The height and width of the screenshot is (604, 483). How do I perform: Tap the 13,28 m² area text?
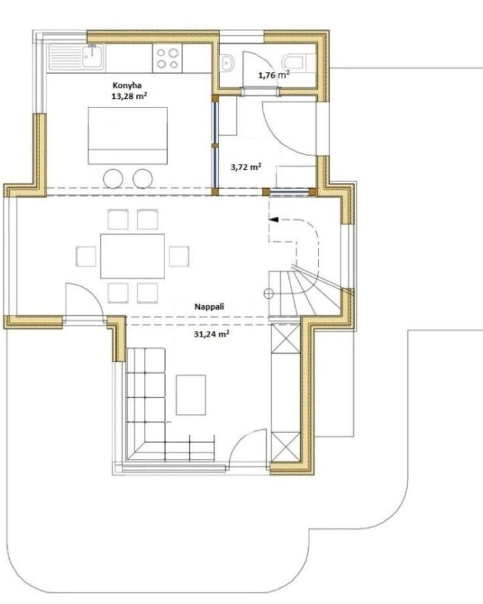pyautogui.click(x=128, y=96)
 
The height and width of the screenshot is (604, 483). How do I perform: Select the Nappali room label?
pyautogui.click(x=209, y=307)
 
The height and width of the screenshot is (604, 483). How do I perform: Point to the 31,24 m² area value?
pyautogui.click(x=211, y=334)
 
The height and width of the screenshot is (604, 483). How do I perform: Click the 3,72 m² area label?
pyautogui.click(x=246, y=167)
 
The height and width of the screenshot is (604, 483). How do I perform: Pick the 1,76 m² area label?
pyautogui.click(x=274, y=75)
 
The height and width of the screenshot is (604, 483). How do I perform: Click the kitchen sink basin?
pyautogui.click(x=93, y=57)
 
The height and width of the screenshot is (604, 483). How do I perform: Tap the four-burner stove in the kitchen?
pyautogui.click(x=168, y=58)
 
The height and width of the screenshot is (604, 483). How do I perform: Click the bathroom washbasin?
pyautogui.click(x=227, y=63)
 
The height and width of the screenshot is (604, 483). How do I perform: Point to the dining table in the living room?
pyautogui.click(x=132, y=255)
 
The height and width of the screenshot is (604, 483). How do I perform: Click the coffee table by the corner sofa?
pyautogui.click(x=191, y=395)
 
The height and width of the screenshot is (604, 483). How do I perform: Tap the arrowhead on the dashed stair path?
pyautogui.click(x=273, y=219)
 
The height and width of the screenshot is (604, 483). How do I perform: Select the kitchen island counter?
pyautogui.click(x=128, y=136)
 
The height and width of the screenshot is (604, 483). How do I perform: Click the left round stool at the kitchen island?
pyautogui.click(x=113, y=179)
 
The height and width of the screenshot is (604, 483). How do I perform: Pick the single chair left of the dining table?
pyautogui.click(x=86, y=256)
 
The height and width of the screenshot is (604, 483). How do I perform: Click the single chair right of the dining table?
pyautogui.click(x=180, y=256)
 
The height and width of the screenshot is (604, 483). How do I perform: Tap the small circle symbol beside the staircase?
pyautogui.click(x=269, y=294)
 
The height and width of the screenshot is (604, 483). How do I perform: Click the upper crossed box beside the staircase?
pyautogui.click(x=285, y=338)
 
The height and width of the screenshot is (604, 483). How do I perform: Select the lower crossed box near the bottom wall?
pyautogui.click(x=285, y=447)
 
